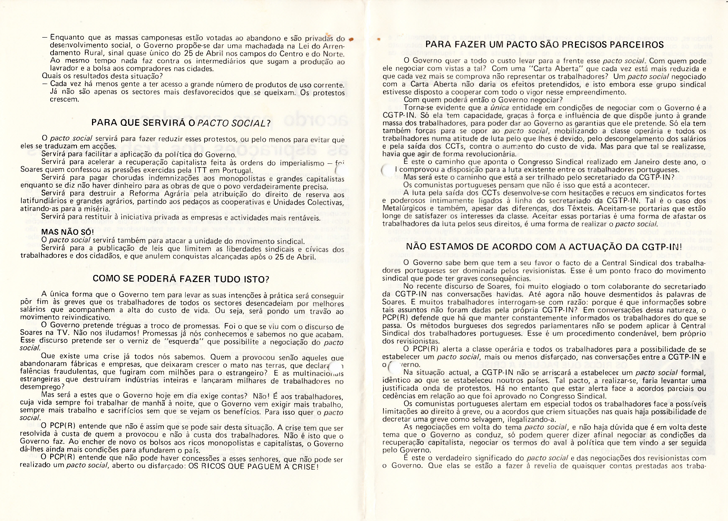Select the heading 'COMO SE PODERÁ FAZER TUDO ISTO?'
click(x=181, y=279)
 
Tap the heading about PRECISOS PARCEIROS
click(x=544, y=45)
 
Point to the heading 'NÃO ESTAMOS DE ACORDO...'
click(x=544, y=247)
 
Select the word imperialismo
click(x=297, y=163)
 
